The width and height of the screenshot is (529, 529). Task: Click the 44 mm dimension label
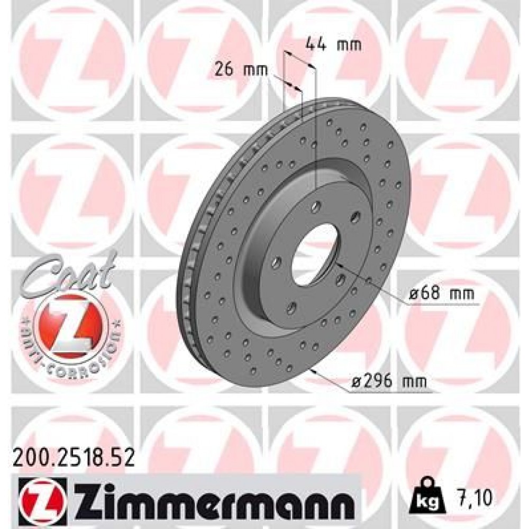pyautogui.click(x=333, y=44)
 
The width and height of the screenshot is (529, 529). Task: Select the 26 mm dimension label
pyautogui.click(x=241, y=69)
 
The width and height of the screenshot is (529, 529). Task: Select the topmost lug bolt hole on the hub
pyautogui.click(x=316, y=205)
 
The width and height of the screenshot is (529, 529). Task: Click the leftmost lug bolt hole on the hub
pyautogui.click(x=276, y=260)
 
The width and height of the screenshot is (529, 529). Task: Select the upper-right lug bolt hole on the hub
pyautogui.click(x=355, y=216)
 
